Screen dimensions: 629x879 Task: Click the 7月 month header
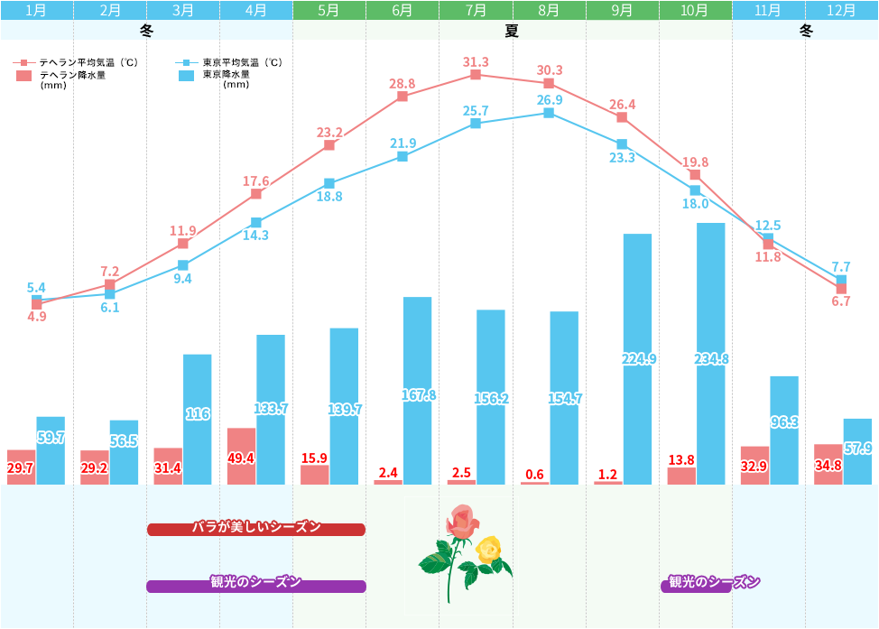pyautogui.click(x=476, y=11)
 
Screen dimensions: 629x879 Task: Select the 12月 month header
pyautogui.click(x=842, y=11)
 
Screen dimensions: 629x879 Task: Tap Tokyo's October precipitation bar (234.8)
pyautogui.click(x=710, y=354)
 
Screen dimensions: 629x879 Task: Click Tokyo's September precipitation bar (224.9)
pyautogui.click(x=637, y=359)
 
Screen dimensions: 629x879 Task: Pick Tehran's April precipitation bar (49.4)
pyautogui.click(x=242, y=457)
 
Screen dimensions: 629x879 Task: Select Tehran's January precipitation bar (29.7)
pyautogui.click(x=22, y=467)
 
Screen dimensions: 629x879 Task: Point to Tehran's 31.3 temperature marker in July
pyautogui.click(x=476, y=75)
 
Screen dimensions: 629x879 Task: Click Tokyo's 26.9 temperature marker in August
pyautogui.click(x=549, y=113)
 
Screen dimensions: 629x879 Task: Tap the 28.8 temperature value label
pyautogui.click(x=402, y=84)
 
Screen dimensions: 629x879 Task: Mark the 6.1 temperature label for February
pyautogui.click(x=110, y=308)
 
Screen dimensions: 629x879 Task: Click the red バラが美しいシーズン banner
pyautogui.click(x=256, y=529)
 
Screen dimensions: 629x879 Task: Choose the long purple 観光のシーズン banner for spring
pyautogui.click(x=256, y=586)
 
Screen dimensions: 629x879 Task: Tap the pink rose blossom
pyautogui.click(x=461, y=522)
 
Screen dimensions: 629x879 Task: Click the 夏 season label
pyautogui.click(x=512, y=31)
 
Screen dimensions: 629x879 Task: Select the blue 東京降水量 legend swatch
pyautogui.click(x=186, y=76)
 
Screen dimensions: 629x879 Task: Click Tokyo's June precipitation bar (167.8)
pyautogui.click(x=417, y=391)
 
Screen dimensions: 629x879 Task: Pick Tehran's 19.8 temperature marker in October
pyautogui.click(x=695, y=175)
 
